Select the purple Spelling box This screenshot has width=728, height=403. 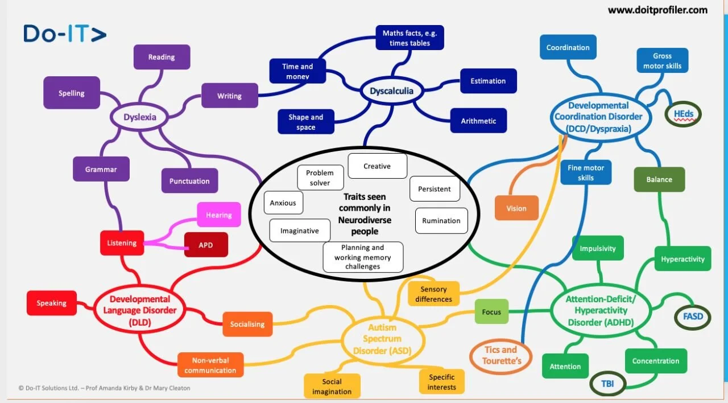click(x=72, y=93)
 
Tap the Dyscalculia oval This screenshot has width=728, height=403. click(x=391, y=91)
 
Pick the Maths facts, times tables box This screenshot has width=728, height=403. click(x=409, y=38)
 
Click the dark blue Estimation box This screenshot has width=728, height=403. click(x=488, y=81)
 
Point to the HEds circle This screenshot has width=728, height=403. click(x=683, y=114)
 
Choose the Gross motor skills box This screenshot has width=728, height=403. click(x=662, y=61)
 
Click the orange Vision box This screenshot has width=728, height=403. click(x=516, y=208)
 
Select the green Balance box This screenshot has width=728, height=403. click(x=659, y=179)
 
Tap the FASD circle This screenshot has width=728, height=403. click(x=692, y=316)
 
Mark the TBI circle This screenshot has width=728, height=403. click(x=607, y=384)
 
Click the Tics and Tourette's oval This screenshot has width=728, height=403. click(x=500, y=355)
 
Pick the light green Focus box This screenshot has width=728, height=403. click(x=491, y=311)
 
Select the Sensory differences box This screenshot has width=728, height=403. click(x=433, y=294)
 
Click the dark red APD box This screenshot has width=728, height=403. click(x=206, y=245)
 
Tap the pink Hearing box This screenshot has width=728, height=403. click(x=219, y=215)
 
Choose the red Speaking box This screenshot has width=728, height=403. click(x=52, y=303)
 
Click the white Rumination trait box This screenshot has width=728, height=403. click(x=441, y=221)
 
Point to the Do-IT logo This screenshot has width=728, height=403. click(x=65, y=34)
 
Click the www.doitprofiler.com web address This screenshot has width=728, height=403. click(x=657, y=10)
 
